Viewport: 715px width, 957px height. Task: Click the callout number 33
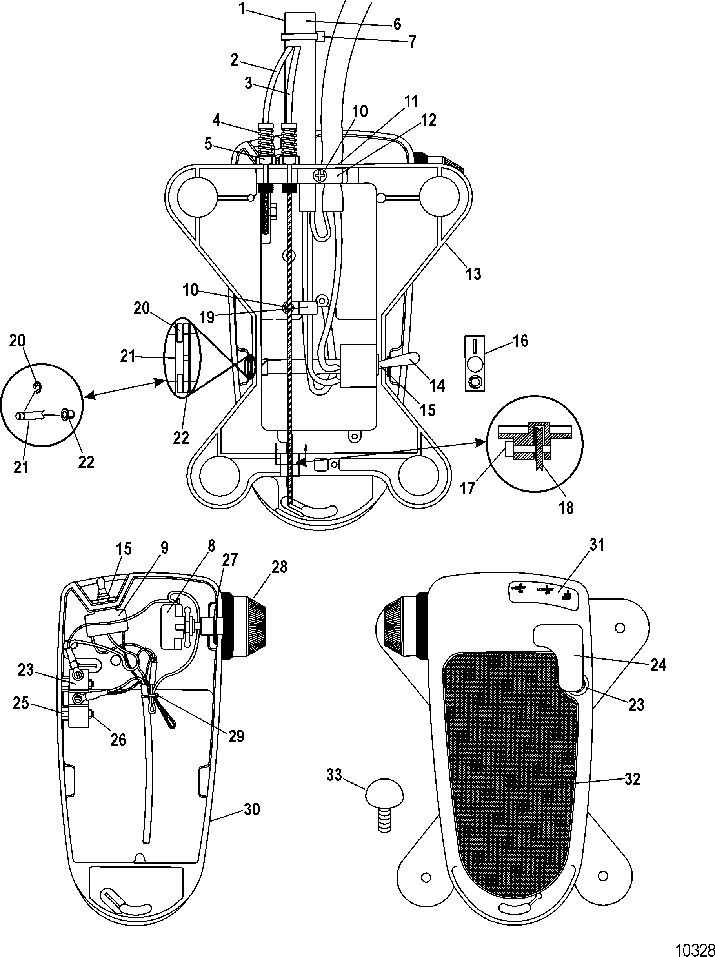click(x=334, y=776)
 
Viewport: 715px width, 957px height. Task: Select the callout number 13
click(x=473, y=273)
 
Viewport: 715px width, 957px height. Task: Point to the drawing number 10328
click(x=695, y=948)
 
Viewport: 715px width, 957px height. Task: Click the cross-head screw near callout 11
click(x=320, y=175)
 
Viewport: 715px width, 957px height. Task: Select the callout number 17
click(x=468, y=489)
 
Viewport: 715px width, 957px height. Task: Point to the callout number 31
click(x=597, y=545)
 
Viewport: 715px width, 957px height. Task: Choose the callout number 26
click(x=118, y=740)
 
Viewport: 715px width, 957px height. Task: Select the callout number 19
click(x=207, y=317)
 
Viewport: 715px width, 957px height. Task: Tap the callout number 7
click(x=412, y=42)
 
